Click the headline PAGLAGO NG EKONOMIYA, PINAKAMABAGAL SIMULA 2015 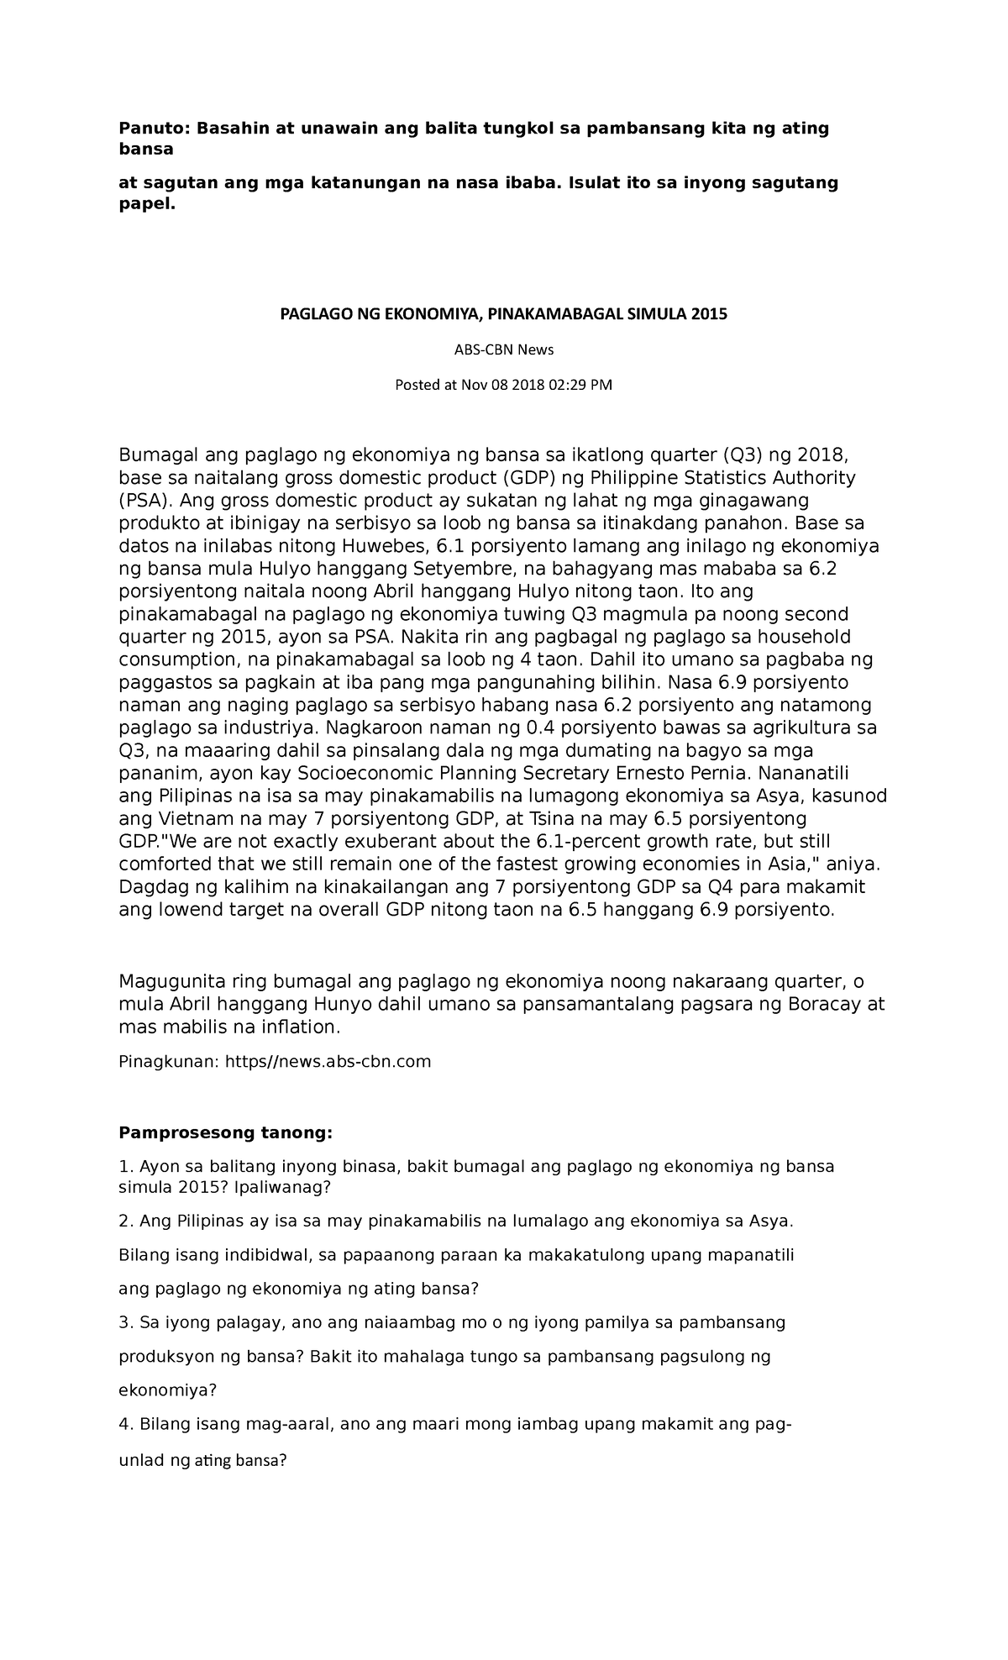503,314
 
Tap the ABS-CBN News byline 503,349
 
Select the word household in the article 799,637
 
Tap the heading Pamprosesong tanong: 225,1133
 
